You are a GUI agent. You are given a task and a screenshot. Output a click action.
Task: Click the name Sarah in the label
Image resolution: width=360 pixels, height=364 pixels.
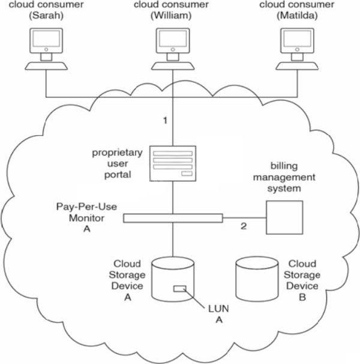click(46, 16)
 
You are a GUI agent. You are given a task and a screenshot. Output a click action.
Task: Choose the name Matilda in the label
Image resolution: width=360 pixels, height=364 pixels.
click(299, 16)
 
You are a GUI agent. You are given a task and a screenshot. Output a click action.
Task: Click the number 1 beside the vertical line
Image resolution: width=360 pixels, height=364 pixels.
click(165, 120)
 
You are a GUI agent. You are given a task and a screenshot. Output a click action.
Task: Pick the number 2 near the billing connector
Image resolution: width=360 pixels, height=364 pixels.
click(244, 226)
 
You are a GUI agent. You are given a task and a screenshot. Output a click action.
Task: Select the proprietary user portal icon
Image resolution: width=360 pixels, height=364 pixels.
click(173, 162)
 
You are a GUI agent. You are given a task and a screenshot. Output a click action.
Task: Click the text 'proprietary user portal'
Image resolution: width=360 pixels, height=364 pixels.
click(118, 164)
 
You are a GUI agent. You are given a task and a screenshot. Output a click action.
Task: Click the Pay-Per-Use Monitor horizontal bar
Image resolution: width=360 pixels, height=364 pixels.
click(173, 217)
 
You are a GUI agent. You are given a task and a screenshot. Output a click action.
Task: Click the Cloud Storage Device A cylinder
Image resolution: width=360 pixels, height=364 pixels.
click(173, 279)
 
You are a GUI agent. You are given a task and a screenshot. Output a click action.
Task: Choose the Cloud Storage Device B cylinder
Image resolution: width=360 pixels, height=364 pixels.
click(257, 279)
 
